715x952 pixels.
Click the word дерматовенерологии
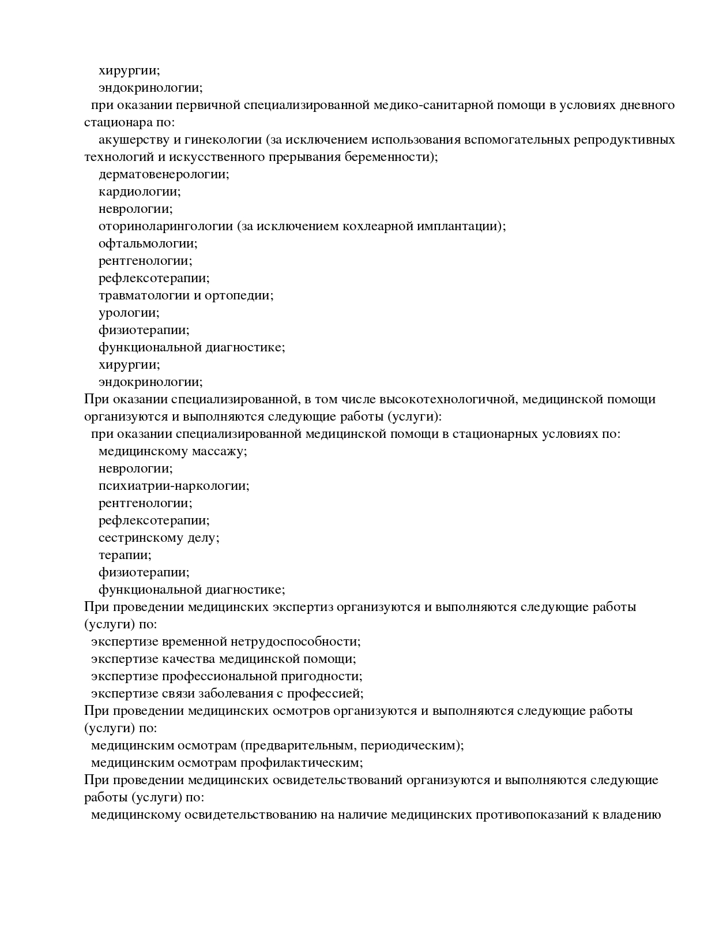click(x=163, y=174)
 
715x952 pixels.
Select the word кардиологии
click(x=139, y=192)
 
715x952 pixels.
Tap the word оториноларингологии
click(x=165, y=226)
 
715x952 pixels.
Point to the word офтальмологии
click(x=147, y=243)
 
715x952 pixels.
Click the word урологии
click(x=129, y=313)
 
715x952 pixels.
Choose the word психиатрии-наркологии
click(x=174, y=486)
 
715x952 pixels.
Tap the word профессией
click(x=325, y=694)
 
